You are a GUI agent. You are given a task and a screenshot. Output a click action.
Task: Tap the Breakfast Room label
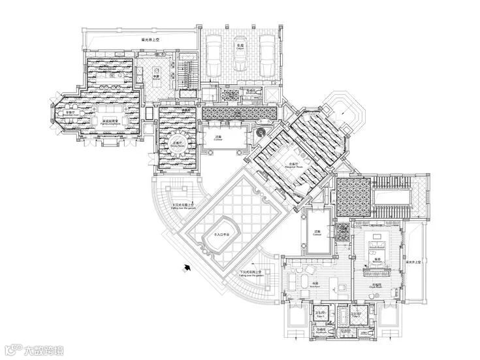(64, 114)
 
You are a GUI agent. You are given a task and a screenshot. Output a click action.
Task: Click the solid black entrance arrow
(188, 266)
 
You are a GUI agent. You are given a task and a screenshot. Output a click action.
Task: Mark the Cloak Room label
(377, 286)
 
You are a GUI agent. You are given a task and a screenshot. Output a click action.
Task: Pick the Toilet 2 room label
(356, 314)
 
